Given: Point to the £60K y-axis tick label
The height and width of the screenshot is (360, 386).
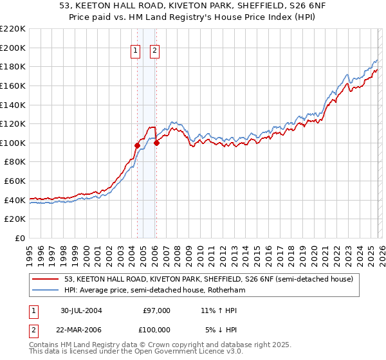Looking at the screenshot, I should click(15, 181).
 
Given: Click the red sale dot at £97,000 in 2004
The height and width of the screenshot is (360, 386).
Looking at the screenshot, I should click(137, 146).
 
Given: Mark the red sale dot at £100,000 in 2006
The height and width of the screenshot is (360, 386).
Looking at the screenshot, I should click(156, 143).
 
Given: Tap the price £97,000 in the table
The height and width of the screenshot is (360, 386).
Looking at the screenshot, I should click(157, 310).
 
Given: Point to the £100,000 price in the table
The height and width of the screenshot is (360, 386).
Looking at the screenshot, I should click(156, 330).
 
